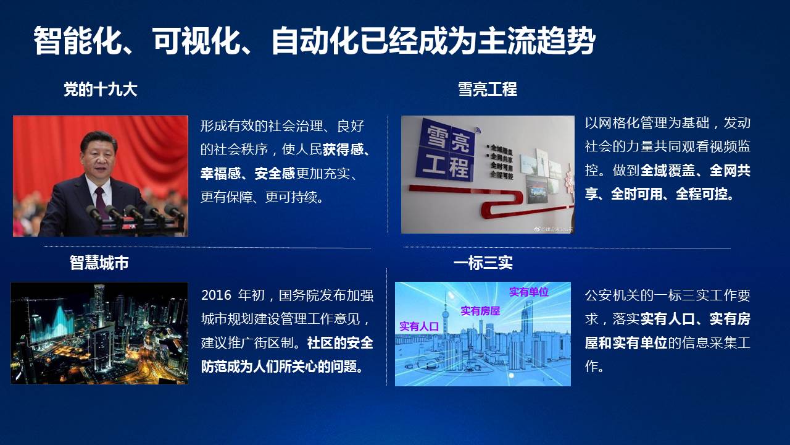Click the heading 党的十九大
pyautogui.click(x=100, y=89)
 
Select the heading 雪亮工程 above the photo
pyautogui.click(x=488, y=89)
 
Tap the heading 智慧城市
pyautogui.click(x=99, y=263)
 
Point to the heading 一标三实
pyautogui.click(x=483, y=263)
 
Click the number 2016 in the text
pyautogui.click(x=216, y=295)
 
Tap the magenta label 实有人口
pyautogui.click(x=419, y=326)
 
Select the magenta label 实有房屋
pyautogui.click(x=480, y=311)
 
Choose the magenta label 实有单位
pyautogui.click(x=529, y=292)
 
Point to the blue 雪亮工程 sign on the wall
pyautogui.click(x=445, y=151)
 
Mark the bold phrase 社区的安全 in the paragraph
pyautogui.click(x=340, y=343)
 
